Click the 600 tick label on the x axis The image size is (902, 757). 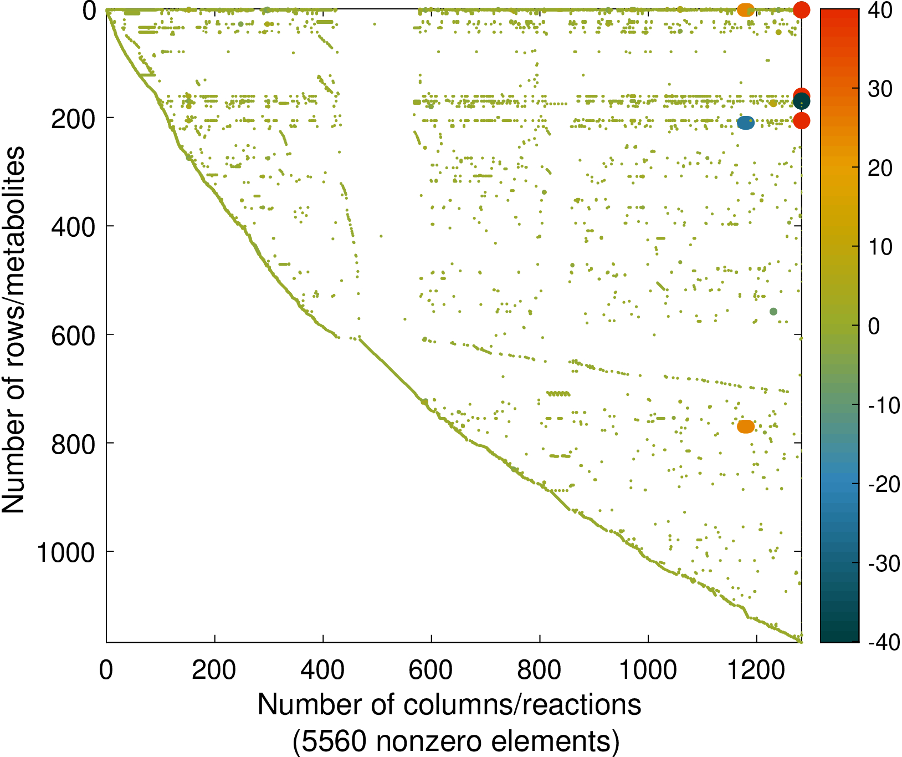[x=430, y=670]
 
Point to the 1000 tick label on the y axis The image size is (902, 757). [x=66, y=552]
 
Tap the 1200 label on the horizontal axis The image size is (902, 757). [x=756, y=670]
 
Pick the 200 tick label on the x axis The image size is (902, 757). [x=214, y=670]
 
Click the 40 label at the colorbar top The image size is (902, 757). [x=880, y=11]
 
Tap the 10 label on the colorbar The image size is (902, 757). [x=880, y=247]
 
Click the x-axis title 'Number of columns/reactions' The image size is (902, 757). [x=449, y=705]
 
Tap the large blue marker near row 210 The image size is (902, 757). [x=746, y=123]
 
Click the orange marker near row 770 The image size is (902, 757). [x=746, y=426]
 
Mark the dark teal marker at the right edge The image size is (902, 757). [x=801, y=102]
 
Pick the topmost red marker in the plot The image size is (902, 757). [x=801, y=9]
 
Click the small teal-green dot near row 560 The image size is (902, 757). [x=773, y=312]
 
